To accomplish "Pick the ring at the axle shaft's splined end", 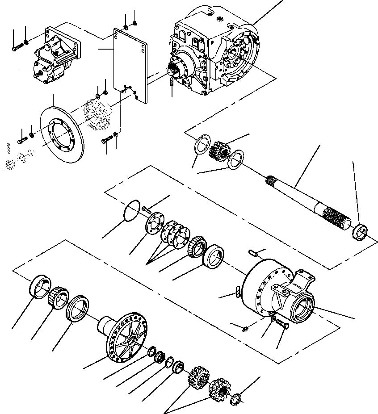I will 360,232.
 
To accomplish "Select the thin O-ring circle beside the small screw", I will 130,210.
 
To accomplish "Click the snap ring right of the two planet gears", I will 237,399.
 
